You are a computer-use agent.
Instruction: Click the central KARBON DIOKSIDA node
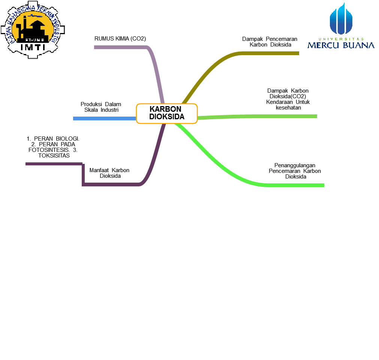point(166,113)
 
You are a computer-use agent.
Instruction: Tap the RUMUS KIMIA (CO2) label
point(120,39)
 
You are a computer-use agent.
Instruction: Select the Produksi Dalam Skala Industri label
point(101,107)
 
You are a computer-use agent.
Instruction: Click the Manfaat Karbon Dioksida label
point(109,173)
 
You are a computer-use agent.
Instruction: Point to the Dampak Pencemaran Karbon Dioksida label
point(270,42)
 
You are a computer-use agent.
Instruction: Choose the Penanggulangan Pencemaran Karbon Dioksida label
point(295,171)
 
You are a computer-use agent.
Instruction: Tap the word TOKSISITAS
point(54,155)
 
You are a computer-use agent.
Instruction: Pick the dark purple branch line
point(112,184)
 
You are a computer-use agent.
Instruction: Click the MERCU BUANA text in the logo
point(341,45)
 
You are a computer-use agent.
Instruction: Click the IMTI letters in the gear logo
point(33,47)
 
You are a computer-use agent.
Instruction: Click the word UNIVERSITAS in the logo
point(341,39)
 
